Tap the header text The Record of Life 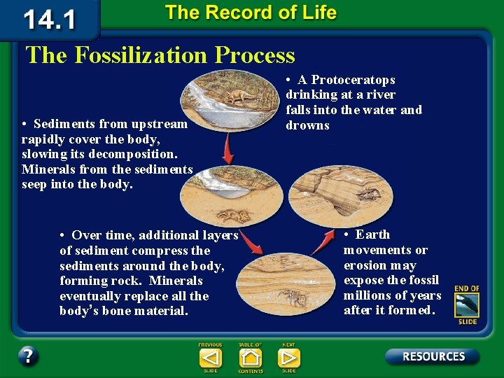(x=251, y=13)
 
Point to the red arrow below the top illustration (x=227, y=148)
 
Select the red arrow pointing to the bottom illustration (x=251, y=243)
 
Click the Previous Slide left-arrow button (x=210, y=358)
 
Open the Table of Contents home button (x=250, y=358)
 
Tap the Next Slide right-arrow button (x=288, y=358)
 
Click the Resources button (x=433, y=356)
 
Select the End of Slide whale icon (x=466, y=306)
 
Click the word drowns (x=307, y=125)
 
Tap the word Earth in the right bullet (x=372, y=234)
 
